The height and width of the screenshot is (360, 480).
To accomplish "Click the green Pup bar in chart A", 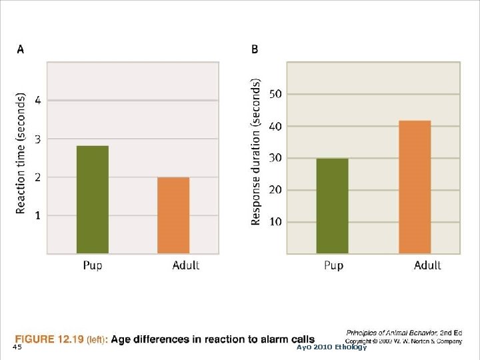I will [x=92, y=199].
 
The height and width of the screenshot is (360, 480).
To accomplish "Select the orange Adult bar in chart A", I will [x=173, y=215].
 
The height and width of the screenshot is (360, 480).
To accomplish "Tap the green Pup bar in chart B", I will [x=332, y=205].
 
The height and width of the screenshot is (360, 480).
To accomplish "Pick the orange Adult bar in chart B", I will [x=415, y=187].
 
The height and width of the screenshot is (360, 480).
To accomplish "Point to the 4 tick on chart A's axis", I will [x=37, y=101].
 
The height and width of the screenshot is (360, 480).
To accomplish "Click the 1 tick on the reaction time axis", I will [x=37, y=215].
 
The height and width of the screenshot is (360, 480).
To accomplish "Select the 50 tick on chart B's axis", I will [x=275, y=94].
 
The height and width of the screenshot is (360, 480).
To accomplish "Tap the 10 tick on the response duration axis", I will [x=275, y=221].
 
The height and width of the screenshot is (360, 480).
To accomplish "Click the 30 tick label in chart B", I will [x=275, y=158].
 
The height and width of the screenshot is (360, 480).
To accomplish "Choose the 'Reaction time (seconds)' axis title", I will [x=21, y=153].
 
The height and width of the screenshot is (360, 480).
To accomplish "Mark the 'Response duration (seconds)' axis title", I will [x=256, y=152].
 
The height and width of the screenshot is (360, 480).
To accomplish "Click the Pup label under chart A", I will [x=93, y=265].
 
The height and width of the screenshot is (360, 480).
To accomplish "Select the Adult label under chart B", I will [x=427, y=265].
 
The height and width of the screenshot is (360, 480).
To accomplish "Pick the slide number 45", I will [x=17, y=347].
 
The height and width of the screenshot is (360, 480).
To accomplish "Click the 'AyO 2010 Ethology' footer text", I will [x=331, y=347].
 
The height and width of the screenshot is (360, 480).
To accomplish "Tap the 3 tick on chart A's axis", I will [x=37, y=139].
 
